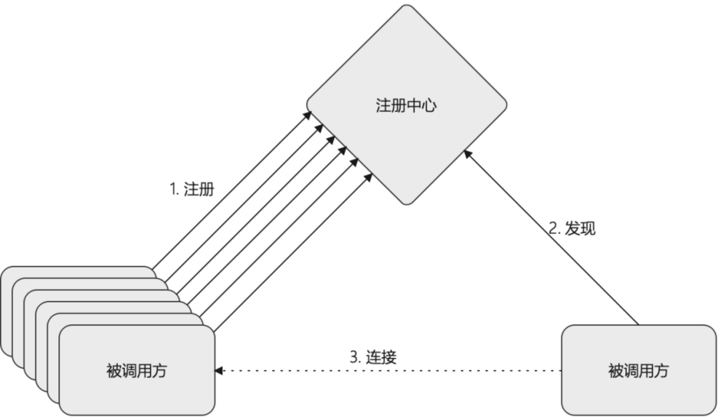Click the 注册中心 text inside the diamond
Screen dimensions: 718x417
[x=406, y=105]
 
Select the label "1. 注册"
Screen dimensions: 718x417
[x=192, y=189]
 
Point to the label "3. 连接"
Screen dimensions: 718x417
[x=373, y=357]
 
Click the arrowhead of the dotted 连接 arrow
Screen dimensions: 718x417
[x=218, y=371]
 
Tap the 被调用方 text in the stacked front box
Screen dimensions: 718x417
[x=136, y=370]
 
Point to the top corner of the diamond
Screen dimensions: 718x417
[x=407, y=5]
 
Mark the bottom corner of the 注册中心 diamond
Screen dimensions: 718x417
[x=407, y=204]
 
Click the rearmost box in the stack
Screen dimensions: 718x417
[x=78, y=272]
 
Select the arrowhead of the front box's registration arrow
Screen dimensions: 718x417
[x=368, y=177]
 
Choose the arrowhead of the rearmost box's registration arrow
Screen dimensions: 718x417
[x=307, y=115]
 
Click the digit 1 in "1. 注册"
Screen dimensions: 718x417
[x=173, y=189]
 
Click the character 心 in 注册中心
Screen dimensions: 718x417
[x=429, y=105]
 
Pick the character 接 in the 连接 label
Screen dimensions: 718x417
[x=389, y=357]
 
